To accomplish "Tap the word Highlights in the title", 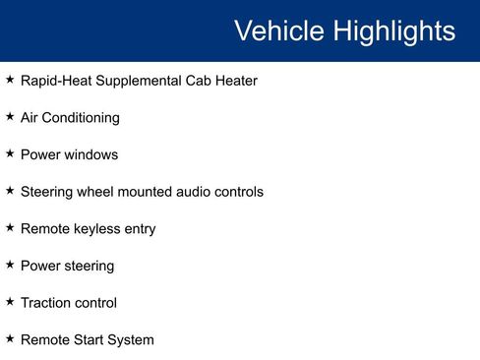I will tap(393, 30).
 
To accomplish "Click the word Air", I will tap(30, 118).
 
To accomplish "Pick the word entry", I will tap(140, 229).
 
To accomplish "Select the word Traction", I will tap(45, 303).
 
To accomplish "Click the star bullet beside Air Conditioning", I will tap(10, 117).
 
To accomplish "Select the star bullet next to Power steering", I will tap(10, 265).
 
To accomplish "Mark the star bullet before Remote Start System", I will tap(10, 339).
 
